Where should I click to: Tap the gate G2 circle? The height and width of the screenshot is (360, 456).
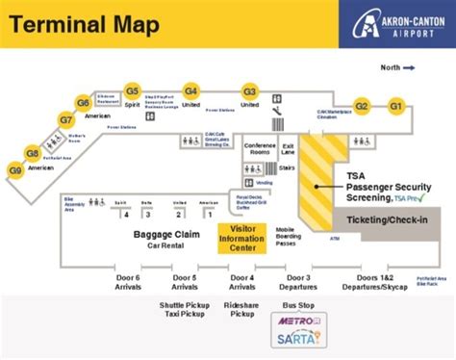click(x=362, y=106)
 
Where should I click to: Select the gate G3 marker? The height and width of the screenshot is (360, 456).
click(x=250, y=90)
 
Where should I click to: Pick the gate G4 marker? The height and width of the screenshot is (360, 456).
click(x=190, y=90)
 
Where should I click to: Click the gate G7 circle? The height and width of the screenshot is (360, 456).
click(x=65, y=120)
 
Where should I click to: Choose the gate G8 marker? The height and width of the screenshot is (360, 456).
click(x=33, y=153)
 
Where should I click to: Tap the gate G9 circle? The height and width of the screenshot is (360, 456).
click(x=15, y=170)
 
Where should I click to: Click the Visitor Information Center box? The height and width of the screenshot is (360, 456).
click(x=242, y=236)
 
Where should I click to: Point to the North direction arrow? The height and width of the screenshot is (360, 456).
click(x=408, y=67)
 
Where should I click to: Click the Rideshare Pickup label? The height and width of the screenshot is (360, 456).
click(x=241, y=310)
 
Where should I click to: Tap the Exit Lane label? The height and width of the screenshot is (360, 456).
click(x=288, y=148)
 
